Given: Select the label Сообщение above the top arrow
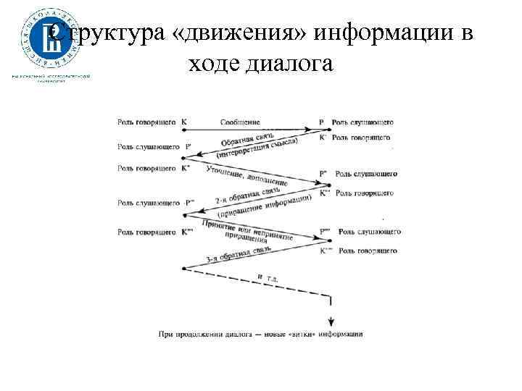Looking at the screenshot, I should [240, 123].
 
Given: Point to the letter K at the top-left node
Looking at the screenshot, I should [184, 123].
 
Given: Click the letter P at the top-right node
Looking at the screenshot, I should [321, 123].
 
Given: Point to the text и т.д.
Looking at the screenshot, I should [267, 277].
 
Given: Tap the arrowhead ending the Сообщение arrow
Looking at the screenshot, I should [312, 129].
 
